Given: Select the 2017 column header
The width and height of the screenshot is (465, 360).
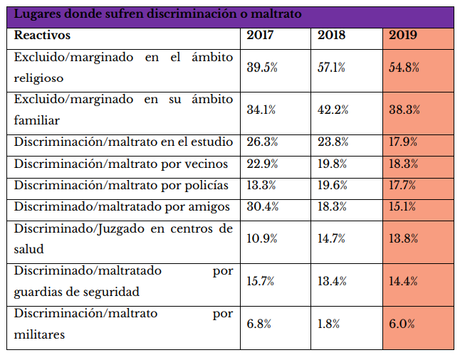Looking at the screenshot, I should (x=261, y=35).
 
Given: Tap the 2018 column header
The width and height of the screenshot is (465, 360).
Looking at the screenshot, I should (x=332, y=35).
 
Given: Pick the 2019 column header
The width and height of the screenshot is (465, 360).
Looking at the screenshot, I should (x=403, y=35).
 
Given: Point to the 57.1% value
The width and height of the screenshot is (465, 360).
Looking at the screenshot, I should (x=332, y=68).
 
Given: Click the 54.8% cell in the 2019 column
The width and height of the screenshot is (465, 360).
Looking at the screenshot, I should (x=404, y=68).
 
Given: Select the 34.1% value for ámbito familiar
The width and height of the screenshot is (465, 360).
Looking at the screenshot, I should (x=261, y=110).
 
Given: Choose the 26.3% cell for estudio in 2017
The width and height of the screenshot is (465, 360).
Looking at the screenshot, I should (x=261, y=142).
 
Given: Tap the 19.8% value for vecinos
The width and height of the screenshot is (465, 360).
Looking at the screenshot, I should (x=332, y=164).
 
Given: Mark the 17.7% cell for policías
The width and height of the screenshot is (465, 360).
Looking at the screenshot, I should (x=404, y=186).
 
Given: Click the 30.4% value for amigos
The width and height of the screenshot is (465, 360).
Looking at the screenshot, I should (x=261, y=207).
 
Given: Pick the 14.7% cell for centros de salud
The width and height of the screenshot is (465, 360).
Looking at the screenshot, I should (x=332, y=238).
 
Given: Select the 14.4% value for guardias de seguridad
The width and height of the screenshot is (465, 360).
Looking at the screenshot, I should (x=404, y=280).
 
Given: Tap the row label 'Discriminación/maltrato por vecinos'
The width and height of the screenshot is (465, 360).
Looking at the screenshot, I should (x=121, y=164).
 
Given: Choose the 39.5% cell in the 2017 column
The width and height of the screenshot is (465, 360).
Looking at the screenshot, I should (x=261, y=68).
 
